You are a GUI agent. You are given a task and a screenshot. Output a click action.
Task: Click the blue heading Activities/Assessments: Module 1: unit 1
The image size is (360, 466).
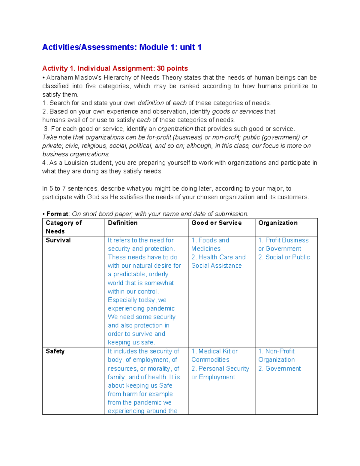click(121, 47)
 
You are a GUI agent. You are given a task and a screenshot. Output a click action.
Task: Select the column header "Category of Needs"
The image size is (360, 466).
click(64, 227)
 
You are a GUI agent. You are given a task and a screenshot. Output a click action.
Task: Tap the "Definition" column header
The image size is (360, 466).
click(123, 223)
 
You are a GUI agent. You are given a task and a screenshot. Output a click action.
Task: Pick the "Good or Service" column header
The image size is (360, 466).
click(216, 223)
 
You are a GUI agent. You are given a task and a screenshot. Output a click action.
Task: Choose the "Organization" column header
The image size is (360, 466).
click(278, 223)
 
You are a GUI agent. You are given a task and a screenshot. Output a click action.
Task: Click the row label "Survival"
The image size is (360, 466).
click(58, 240)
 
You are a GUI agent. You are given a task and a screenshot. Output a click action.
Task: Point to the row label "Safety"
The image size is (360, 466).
click(55, 351)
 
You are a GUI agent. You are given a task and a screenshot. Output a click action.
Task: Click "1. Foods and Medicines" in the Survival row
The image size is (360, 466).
click(210, 244)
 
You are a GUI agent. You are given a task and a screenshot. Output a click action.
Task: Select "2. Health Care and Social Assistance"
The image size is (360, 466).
click(218, 261)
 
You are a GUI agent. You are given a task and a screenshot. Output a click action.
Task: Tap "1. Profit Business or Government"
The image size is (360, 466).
click(283, 244)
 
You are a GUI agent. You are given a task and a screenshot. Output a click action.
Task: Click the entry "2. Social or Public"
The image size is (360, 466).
click(284, 257)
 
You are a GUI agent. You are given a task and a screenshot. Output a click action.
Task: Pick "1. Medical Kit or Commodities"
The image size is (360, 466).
click(214, 355)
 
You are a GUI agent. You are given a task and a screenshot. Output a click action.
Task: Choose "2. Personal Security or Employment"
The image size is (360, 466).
click(220, 373)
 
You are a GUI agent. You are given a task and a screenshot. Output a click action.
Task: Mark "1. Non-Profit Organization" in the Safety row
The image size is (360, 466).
click(276, 355)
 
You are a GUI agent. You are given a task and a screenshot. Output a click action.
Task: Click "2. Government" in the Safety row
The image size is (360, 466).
click(280, 368)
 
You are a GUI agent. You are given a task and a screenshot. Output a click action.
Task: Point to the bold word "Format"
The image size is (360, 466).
click(57, 214)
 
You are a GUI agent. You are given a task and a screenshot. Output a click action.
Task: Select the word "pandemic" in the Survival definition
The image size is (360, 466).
click(160, 308)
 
